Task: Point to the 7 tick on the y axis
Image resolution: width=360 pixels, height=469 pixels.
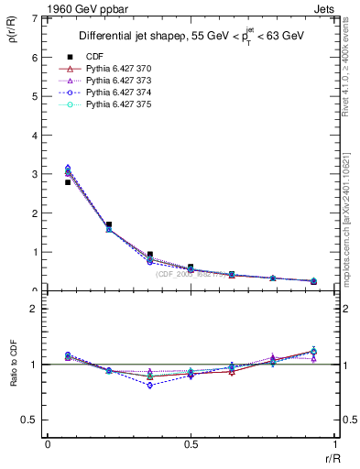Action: click(x=36, y=18)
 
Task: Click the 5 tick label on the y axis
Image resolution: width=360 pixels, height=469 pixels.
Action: click(x=36, y=96)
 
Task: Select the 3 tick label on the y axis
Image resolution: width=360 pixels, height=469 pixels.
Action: click(x=36, y=174)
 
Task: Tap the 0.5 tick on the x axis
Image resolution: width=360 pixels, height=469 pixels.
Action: click(x=191, y=444)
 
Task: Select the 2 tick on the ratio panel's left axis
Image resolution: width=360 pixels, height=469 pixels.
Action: click(x=36, y=309)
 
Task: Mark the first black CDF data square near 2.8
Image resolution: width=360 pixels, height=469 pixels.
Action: click(x=68, y=182)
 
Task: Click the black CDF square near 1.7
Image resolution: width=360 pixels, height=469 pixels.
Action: click(x=109, y=224)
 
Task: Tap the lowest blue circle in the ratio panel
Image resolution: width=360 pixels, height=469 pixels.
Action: click(x=150, y=386)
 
